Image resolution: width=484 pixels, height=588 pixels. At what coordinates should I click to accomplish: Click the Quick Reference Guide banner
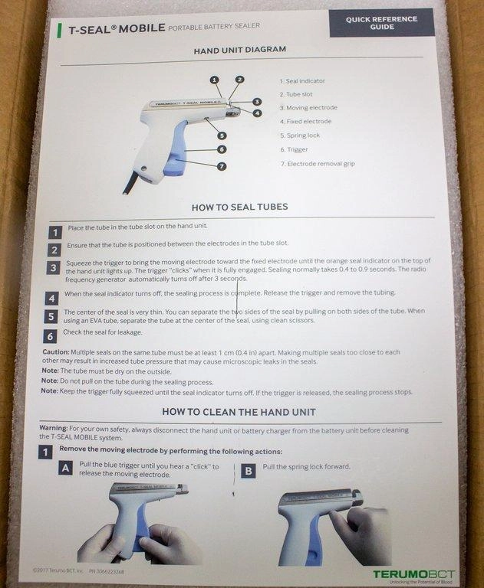click(382, 23)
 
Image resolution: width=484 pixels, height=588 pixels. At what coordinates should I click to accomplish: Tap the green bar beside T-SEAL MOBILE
click(59, 31)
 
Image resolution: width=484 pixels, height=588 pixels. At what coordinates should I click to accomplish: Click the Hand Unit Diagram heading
click(240, 50)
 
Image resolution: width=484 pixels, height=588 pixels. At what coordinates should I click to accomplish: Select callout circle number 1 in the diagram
click(214, 80)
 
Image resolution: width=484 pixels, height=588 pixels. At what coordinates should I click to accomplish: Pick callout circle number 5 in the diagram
click(222, 136)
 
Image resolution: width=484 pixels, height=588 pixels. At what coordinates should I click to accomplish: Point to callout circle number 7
click(222, 166)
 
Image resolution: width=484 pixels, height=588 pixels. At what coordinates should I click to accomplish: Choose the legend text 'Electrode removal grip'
click(321, 164)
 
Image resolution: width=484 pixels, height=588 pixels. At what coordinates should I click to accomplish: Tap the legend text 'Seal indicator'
click(305, 81)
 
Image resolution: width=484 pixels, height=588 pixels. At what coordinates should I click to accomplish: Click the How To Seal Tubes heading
click(240, 207)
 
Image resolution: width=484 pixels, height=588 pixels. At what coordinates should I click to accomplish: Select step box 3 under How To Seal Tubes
click(54, 268)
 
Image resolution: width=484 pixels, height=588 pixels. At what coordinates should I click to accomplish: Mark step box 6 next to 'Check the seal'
click(51, 336)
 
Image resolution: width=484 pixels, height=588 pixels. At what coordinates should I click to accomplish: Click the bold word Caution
click(56, 352)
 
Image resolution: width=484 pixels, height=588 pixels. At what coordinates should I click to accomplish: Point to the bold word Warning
click(54, 428)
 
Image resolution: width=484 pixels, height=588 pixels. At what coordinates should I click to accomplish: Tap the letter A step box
click(65, 468)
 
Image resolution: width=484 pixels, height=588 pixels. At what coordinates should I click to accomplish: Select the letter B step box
click(249, 471)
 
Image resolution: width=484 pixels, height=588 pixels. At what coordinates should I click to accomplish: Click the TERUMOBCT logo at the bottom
click(413, 574)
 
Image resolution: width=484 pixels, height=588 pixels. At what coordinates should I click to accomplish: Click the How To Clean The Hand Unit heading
click(239, 412)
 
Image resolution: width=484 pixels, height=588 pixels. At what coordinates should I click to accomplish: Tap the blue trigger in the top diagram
click(176, 150)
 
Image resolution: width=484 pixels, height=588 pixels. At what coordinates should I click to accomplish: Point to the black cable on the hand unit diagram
click(130, 183)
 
